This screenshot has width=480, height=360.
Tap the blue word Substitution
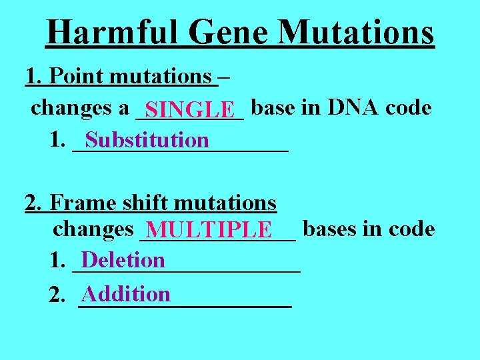tap(147, 140)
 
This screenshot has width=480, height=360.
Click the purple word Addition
tap(126, 293)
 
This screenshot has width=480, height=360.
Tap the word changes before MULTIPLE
tap(93, 229)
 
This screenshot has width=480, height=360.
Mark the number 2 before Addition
tap(57, 295)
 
